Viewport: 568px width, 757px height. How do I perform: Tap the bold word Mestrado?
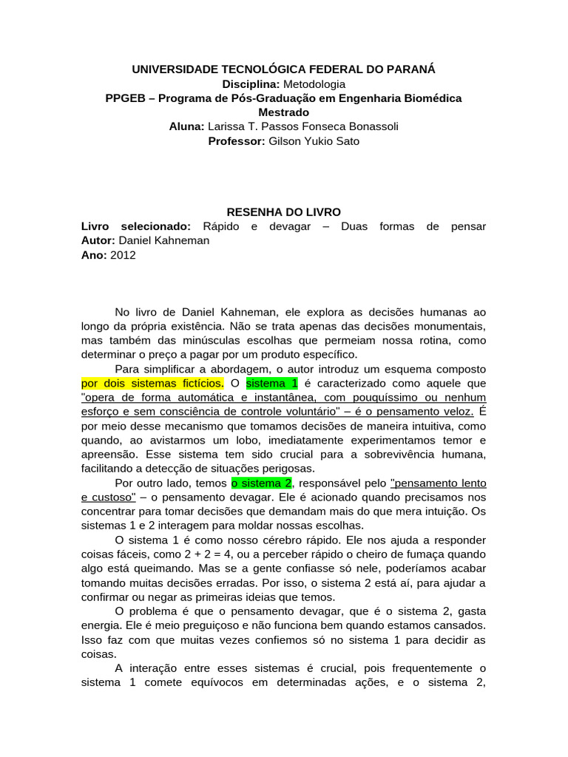(283, 112)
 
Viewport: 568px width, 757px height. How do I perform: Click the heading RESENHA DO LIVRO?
(283, 212)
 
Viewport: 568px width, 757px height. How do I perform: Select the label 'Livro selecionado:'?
(135, 226)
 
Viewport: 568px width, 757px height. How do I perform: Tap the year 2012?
(123, 254)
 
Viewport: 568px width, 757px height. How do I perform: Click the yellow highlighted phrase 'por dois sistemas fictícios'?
(152, 383)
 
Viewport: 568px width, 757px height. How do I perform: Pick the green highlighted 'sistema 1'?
(271, 383)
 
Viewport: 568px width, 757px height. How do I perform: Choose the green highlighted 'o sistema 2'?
(262, 483)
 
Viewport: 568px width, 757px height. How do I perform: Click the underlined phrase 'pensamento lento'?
(438, 483)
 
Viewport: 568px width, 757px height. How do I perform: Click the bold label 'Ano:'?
(94, 254)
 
